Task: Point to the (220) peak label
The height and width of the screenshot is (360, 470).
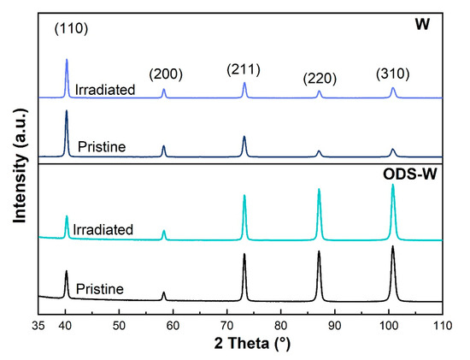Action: pyautogui.click(x=320, y=79)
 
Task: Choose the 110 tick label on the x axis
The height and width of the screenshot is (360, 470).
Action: pyautogui.click(x=442, y=326)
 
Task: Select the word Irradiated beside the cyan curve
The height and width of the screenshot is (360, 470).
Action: pyautogui.click(x=105, y=228)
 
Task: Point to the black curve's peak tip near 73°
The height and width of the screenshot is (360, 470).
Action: pyautogui.click(x=244, y=254)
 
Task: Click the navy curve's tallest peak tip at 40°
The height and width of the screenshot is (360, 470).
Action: pyautogui.click(x=67, y=110)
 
